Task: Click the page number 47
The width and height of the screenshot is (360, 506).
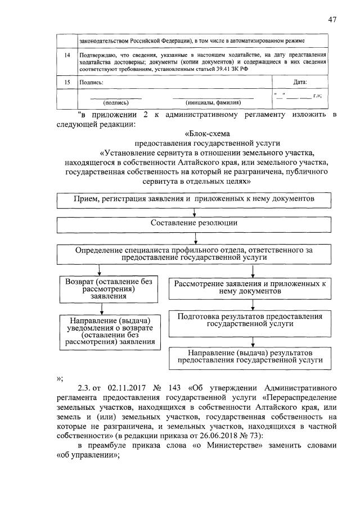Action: tap(332, 20)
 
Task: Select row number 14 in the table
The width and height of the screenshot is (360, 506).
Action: tap(67, 55)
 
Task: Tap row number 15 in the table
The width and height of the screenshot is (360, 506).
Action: tap(67, 82)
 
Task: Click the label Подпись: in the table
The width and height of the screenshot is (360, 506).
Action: tap(92, 82)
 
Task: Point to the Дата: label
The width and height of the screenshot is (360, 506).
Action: tap(300, 82)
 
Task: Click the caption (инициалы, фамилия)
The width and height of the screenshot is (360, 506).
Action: tap(213, 103)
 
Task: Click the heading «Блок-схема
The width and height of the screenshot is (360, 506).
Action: tap(211, 133)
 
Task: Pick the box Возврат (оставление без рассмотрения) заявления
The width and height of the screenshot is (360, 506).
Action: tap(102, 288)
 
